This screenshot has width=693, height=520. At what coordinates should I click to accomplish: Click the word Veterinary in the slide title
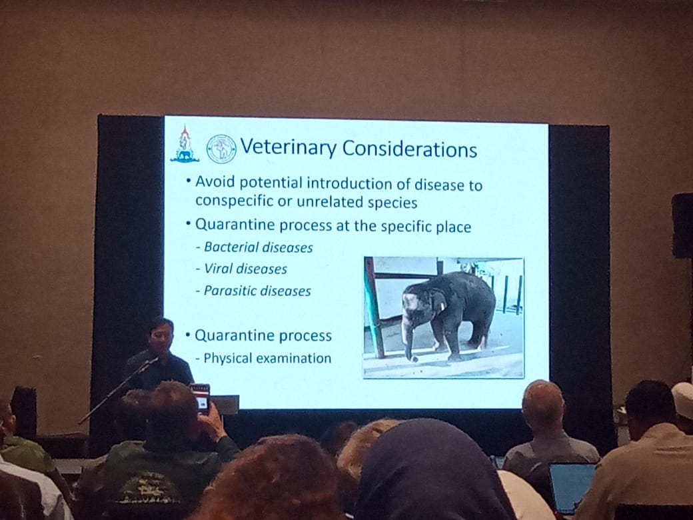pos(288,147)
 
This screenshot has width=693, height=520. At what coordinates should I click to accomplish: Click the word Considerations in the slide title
pos(410,149)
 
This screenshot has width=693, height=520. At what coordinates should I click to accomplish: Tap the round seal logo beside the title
pos(221,149)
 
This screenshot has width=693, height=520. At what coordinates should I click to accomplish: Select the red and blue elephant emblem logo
pos(185,144)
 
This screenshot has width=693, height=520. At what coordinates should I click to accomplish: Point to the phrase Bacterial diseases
pos(259,247)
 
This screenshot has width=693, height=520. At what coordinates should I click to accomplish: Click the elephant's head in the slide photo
pos(418,305)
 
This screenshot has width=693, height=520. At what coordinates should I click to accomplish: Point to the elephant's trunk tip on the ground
pos(413,359)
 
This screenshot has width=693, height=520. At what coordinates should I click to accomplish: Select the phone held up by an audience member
pos(201,399)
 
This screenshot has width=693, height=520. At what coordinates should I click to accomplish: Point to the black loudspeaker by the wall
pos(682,225)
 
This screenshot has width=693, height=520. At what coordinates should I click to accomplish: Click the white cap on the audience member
pos(683,399)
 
